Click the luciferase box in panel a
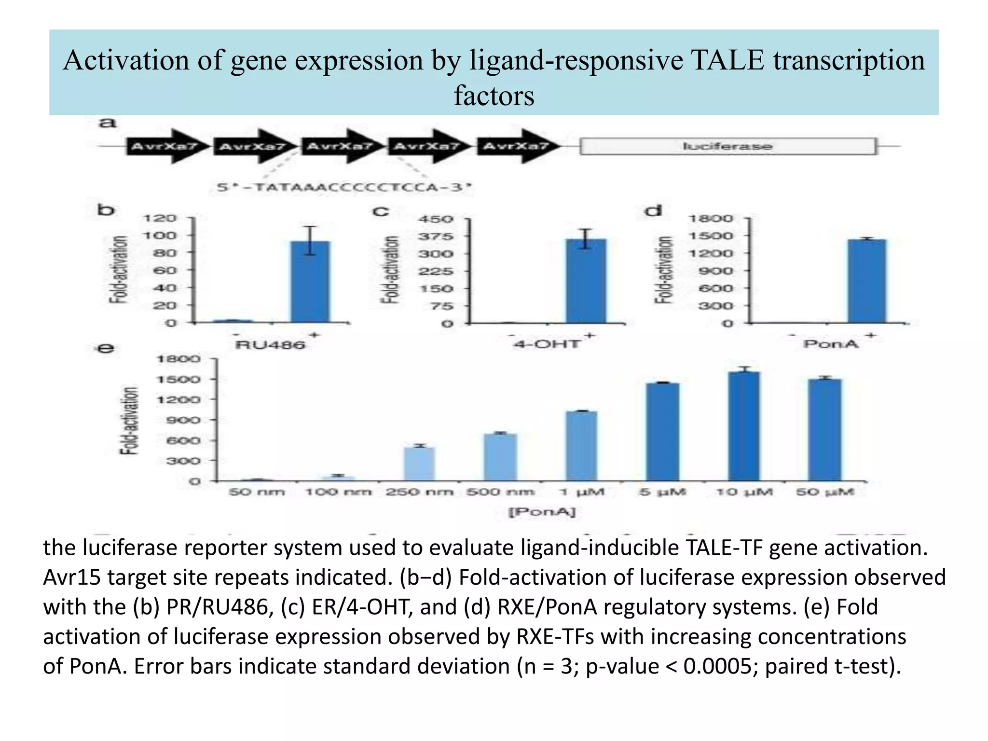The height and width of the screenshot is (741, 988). tap(727, 146)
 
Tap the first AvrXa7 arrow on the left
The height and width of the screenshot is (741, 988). tap(164, 146)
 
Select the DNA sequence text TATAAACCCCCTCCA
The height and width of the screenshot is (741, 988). tap(344, 187)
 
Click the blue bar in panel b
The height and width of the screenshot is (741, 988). tap(310, 282)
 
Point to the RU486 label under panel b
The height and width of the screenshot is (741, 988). tap(270, 345)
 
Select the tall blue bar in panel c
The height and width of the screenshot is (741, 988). tap(586, 281)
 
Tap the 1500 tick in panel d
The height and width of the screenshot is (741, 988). tap(710, 236)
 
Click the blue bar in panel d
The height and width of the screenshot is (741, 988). tap(867, 281)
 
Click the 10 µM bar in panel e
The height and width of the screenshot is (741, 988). tap(743, 426)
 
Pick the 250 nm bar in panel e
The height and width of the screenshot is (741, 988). tap(419, 464)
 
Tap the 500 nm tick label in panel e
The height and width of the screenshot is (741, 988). tap(500, 493)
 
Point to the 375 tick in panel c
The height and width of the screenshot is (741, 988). tap(436, 236)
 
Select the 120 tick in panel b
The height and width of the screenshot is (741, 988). tap(159, 218)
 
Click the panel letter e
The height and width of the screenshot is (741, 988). tap(106, 348)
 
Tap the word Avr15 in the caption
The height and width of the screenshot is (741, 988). tap(72, 577)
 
